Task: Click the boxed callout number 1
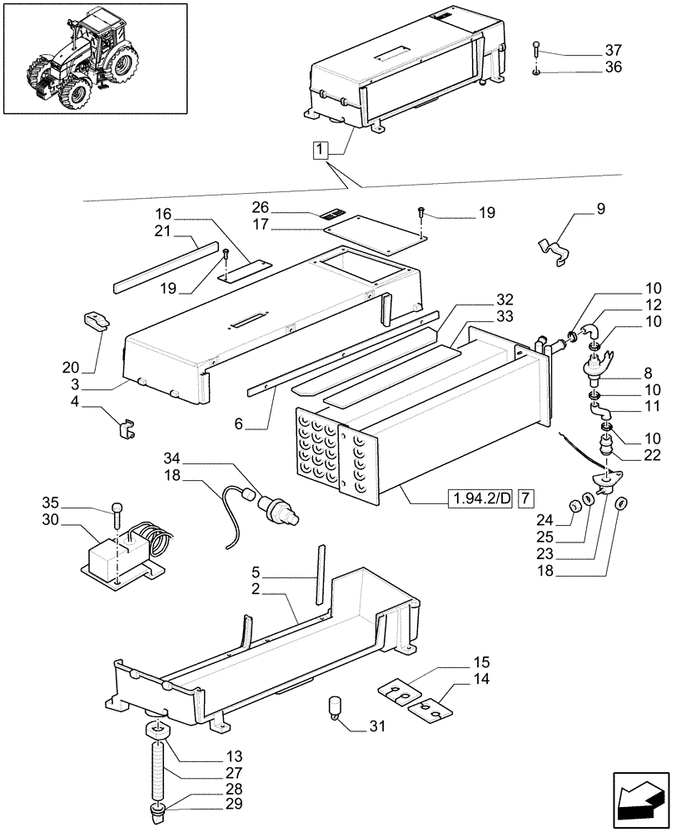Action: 321,150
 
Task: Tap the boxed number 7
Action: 524,499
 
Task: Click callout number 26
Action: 261,206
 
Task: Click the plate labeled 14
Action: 430,710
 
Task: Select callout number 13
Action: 233,756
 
